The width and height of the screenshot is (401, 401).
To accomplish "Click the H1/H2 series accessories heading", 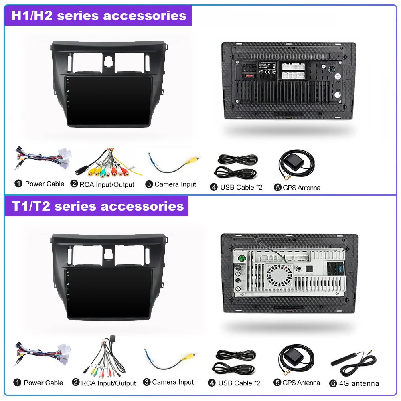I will [x=98, y=16].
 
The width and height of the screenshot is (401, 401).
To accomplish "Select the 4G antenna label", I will [x=358, y=383].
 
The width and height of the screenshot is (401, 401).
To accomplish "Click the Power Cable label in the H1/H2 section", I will [x=45, y=184].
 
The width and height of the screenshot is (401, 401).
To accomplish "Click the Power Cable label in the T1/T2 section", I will [x=43, y=383].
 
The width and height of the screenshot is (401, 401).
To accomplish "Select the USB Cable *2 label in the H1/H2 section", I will [x=241, y=187].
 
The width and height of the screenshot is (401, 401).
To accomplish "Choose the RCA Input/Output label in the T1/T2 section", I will [x=108, y=383].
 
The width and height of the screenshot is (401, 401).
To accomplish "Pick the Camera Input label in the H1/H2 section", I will [x=175, y=184].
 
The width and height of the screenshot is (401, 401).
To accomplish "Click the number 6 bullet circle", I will [x=333, y=383].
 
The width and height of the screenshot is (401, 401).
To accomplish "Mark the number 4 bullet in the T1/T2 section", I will [x=212, y=383].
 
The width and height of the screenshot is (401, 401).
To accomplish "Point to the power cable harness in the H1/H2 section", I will [x=42, y=160].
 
